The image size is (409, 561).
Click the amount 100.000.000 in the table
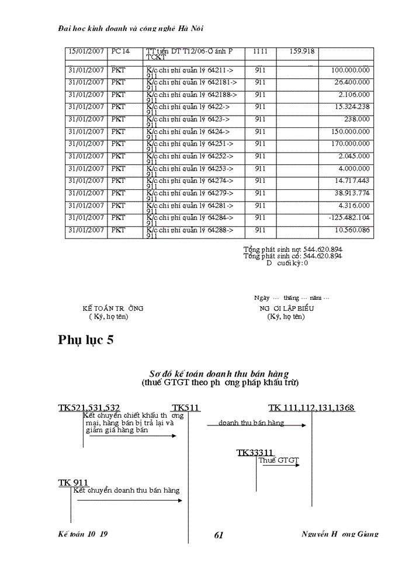pos(350,70)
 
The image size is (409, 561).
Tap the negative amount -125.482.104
pos(349,217)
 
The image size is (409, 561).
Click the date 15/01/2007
pos(86,51)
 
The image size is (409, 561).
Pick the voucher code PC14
pos(120,51)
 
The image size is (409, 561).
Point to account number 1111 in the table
pos(260,51)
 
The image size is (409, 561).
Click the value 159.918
pos(302,51)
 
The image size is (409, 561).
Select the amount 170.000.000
pos(350,144)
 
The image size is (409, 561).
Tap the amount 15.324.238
pos(352,107)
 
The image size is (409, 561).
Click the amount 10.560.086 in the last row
pos(352,230)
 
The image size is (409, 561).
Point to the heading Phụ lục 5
pos(85,341)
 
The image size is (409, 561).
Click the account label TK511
pos(186,408)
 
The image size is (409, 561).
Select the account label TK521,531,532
pos(89,408)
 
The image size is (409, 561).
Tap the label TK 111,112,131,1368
pos(311,408)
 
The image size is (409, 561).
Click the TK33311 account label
pos(255,452)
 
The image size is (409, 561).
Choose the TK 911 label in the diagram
pos(73,482)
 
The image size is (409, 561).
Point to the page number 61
pos(219,535)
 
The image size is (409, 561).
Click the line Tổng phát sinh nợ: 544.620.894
pos(293,250)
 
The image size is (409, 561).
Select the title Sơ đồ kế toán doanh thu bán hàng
pos(219,373)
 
